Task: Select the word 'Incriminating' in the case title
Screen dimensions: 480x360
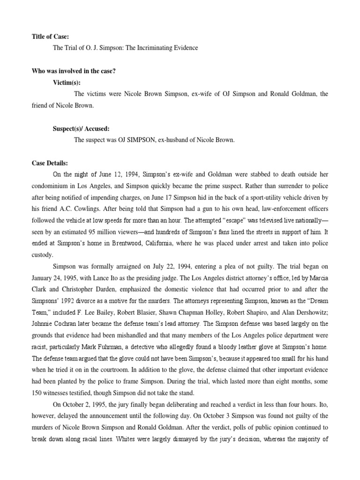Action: tap(154, 48)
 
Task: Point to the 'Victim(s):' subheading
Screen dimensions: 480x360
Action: tap(67, 82)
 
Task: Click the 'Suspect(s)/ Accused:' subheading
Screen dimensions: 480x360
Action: tap(81, 128)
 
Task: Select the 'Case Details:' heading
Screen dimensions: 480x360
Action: tap(50, 163)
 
